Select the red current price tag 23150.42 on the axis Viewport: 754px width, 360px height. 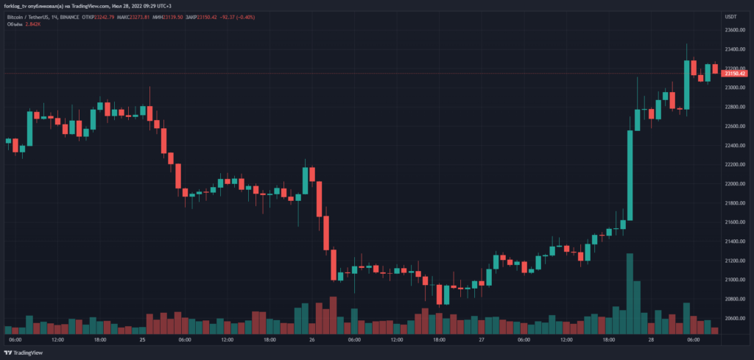736,74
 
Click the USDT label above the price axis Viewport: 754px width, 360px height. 731,16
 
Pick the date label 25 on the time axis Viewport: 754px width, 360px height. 143,340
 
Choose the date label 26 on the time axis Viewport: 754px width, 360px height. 312,340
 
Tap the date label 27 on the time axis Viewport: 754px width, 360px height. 482,340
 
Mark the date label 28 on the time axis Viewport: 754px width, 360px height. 651,340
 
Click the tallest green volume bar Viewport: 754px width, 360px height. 630,294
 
